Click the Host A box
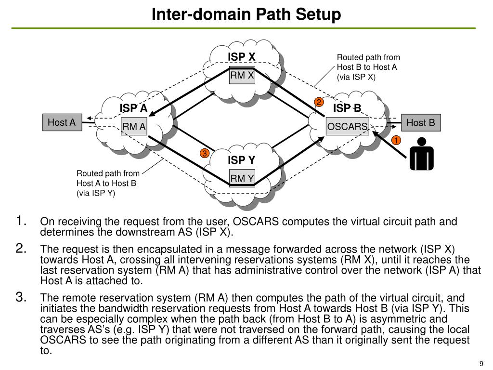point(62,122)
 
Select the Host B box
point(421,123)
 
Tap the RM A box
point(134,127)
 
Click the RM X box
point(242,75)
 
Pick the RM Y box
point(242,178)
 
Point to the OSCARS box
point(348,127)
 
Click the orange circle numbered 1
point(396,140)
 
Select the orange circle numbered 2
point(319,102)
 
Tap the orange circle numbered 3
point(204,153)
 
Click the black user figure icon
point(422,154)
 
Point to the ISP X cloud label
point(242,57)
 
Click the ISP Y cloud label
point(242,160)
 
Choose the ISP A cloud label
point(133,108)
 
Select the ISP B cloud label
point(347,108)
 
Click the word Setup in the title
point(318,14)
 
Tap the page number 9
point(481,364)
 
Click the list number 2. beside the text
point(21,249)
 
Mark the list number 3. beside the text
point(21,297)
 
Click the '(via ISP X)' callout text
point(356,77)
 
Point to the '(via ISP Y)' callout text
point(96,193)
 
